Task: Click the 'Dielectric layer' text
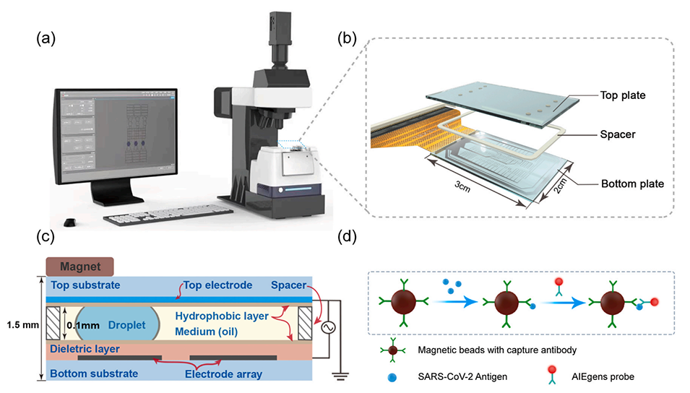(x=86, y=348)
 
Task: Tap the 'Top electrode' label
(x=217, y=285)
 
